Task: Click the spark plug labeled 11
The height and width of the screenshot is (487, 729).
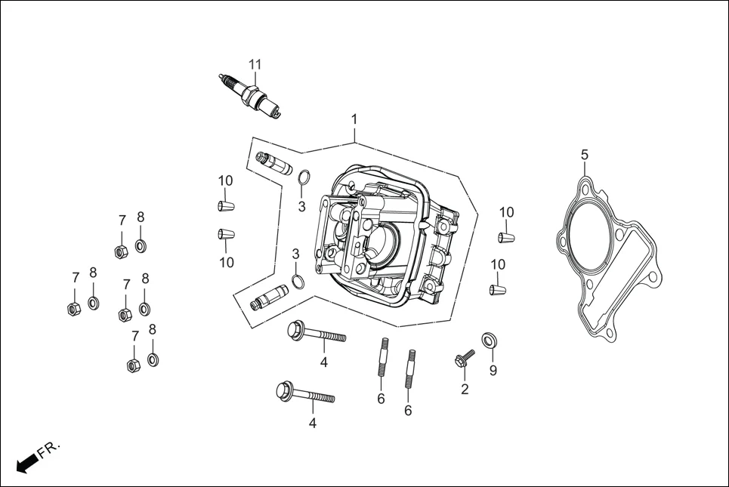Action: coord(251,96)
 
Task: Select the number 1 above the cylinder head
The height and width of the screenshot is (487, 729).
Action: coord(354,119)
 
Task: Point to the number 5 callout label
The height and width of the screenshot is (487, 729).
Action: coord(584,155)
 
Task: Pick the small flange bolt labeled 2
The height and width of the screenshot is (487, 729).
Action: coord(463,359)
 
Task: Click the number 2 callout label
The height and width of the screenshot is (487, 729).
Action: coord(465,390)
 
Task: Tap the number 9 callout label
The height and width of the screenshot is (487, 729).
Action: coord(493,370)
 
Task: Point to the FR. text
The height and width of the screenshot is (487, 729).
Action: coord(49,450)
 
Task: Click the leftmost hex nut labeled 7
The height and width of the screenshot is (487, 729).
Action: coord(73,308)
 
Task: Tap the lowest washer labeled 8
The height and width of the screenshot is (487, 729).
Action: coord(153,358)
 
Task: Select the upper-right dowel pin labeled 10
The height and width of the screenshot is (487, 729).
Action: coord(506,238)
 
